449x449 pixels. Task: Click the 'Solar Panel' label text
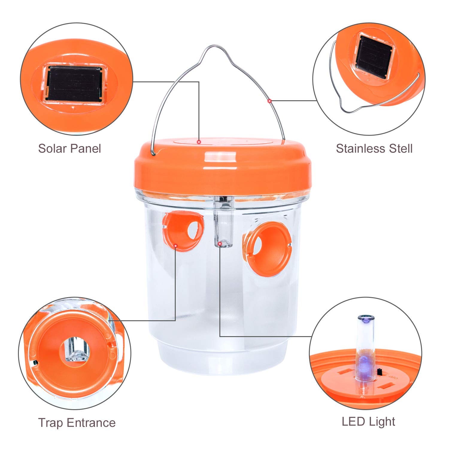(x=69, y=148)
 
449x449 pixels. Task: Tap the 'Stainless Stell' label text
(x=374, y=148)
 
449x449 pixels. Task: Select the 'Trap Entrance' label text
(x=77, y=423)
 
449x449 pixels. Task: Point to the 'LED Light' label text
(x=368, y=421)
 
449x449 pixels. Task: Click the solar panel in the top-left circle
(x=75, y=84)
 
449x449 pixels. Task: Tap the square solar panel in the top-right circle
(x=373, y=57)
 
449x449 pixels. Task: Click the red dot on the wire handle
(x=269, y=101)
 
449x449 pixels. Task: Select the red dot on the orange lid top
(x=198, y=141)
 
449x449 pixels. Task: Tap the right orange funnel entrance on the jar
(x=267, y=249)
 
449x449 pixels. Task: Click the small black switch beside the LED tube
(x=379, y=372)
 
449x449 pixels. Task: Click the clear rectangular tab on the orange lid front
(x=220, y=157)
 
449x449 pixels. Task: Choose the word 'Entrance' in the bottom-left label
(x=91, y=423)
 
